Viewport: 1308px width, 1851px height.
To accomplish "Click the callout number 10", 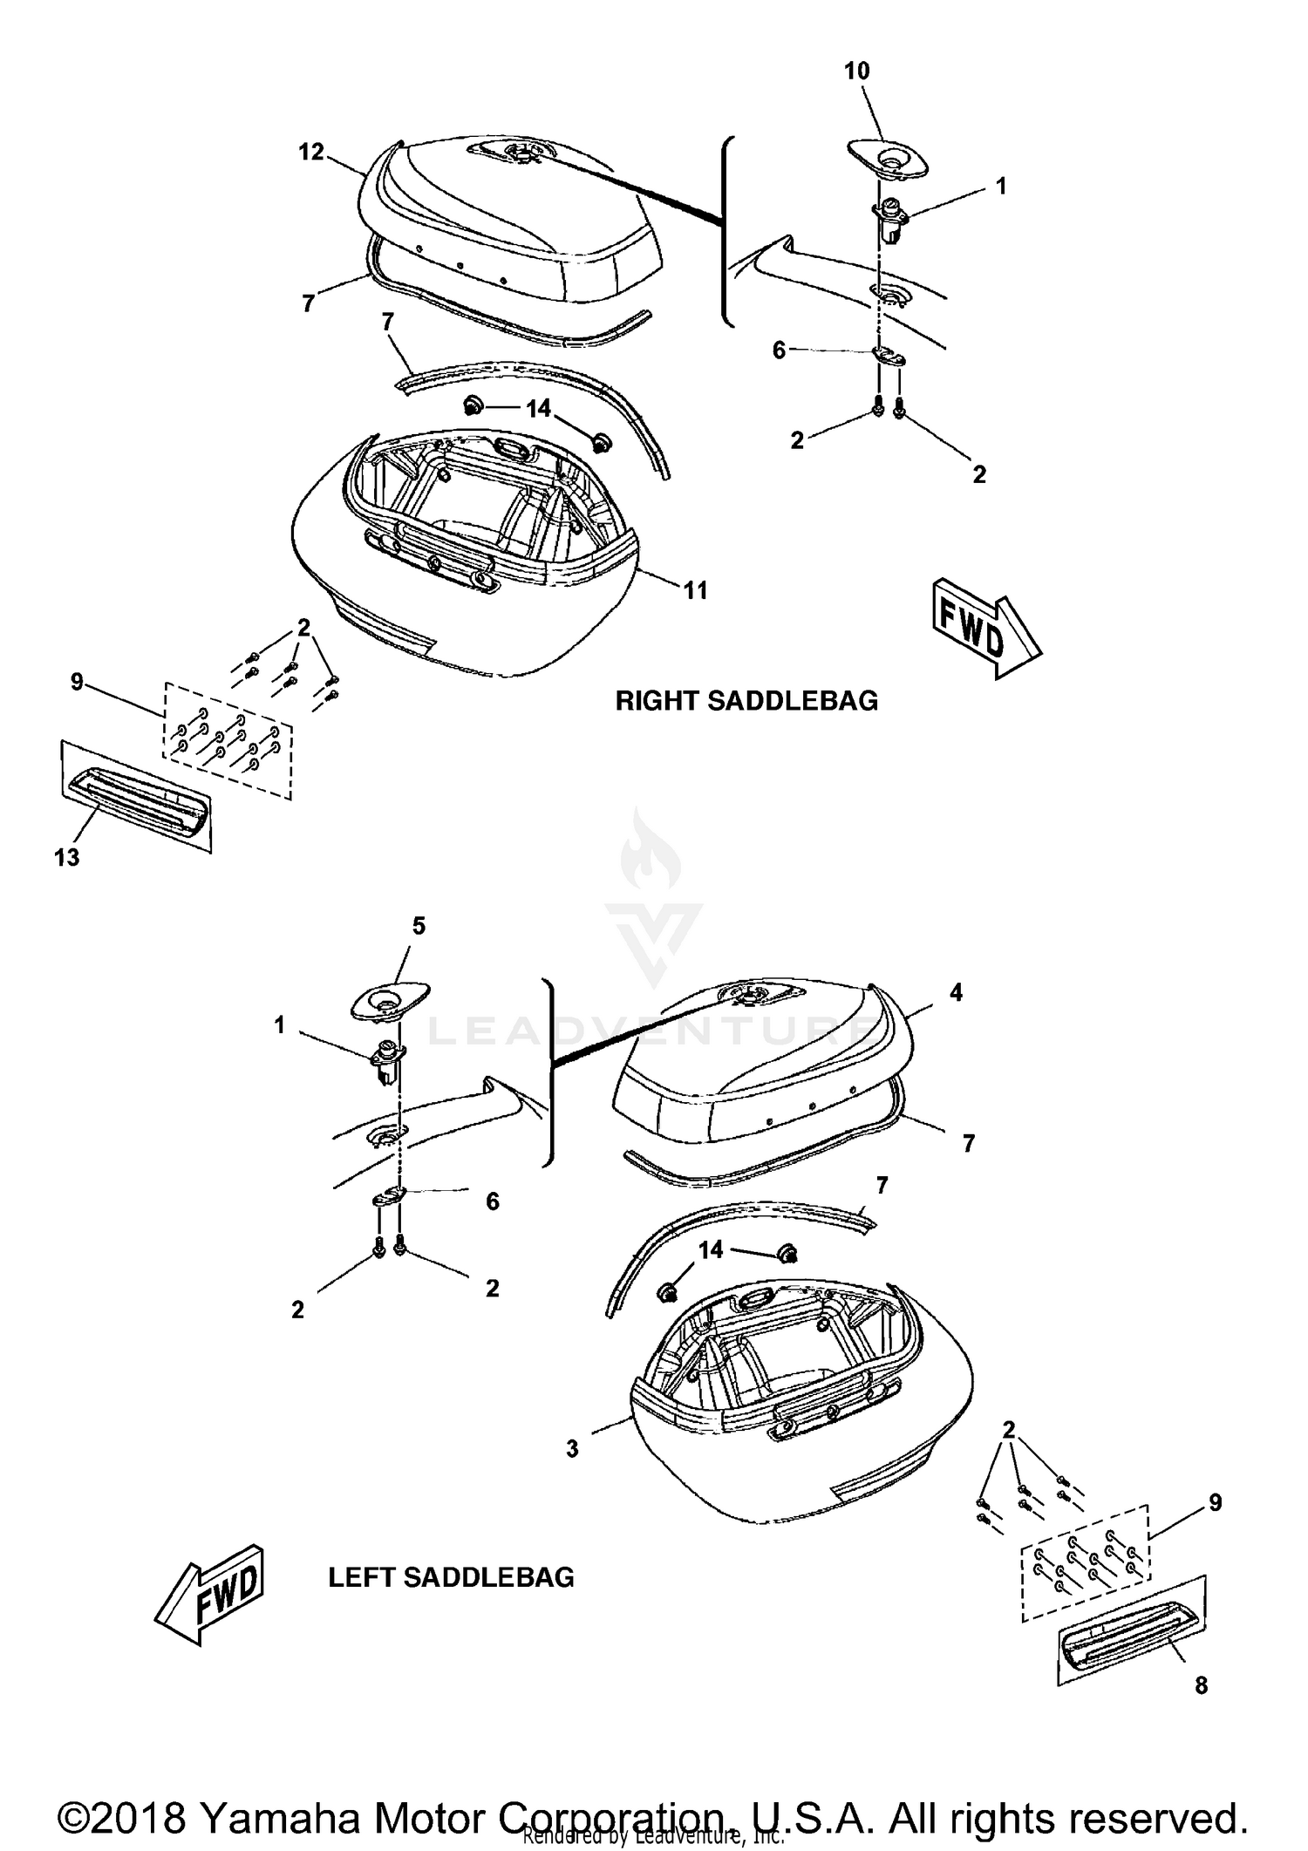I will pyautogui.click(x=856, y=71).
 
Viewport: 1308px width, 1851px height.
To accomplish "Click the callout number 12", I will pyautogui.click(x=310, y=152).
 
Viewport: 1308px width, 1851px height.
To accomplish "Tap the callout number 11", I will pyautogui.click(x=694, y=591).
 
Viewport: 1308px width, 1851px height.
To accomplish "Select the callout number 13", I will pyautogui.click(x=66, y=858).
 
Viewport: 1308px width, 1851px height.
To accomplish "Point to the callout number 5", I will pyautogui.click(x=419, y=926).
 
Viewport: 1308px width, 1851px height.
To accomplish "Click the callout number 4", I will pyautogui.click(x=956, y=992).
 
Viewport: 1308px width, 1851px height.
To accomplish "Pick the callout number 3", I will pyautogui.click(x=572, y=1449).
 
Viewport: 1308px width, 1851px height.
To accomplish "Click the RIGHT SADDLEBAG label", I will pyautogui.click(x=746, y=701).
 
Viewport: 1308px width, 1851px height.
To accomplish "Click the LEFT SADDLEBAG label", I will pyautogui.click(x=451, y=1577).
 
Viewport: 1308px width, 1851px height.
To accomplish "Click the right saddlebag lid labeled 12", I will pyautogui.click(x=514, y=209).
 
